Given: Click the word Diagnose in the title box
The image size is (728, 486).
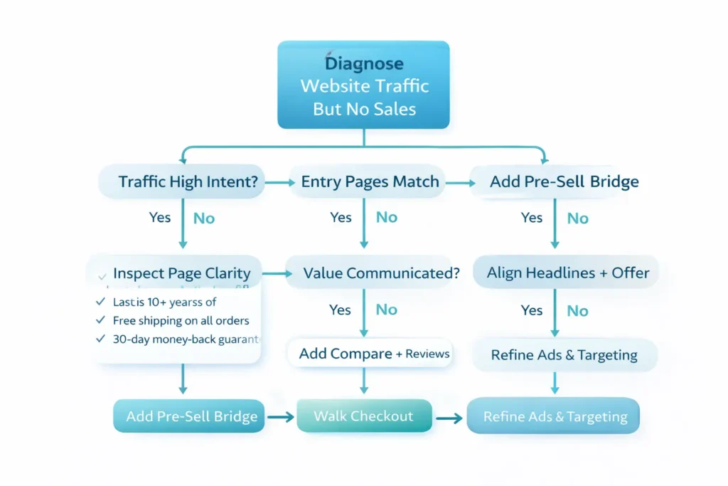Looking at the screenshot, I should tap(363, 64).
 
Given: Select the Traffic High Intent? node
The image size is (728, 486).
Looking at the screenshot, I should tap(188, 181).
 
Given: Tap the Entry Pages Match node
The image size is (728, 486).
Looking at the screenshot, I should tap(370, 181).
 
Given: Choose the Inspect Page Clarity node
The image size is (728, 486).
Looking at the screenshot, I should tap(181, 273).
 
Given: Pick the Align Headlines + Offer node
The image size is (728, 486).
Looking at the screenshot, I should tap(568, 273).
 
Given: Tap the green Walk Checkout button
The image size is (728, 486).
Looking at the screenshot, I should tap(364, 416).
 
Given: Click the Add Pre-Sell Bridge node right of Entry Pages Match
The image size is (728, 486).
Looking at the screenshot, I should tap(564, 181).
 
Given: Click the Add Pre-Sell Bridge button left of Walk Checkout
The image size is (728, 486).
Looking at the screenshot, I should tap(191, 417).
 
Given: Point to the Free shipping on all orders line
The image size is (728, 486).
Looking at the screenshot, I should tap(181, 321).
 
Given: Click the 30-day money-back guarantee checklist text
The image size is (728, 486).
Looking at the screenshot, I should tap(186, 339).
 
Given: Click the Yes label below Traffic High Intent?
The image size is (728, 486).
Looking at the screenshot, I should tap(160, 218).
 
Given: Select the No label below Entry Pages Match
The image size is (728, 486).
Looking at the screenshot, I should tap(386, 218).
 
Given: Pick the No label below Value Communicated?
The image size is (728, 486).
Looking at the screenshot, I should tap(386, 310).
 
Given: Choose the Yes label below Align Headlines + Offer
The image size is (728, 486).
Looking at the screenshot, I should tap(532, 310).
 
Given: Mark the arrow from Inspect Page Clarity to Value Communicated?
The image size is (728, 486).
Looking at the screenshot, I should tap(274, 273).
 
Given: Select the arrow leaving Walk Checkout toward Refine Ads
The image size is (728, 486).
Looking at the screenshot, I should tap(449, 418).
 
